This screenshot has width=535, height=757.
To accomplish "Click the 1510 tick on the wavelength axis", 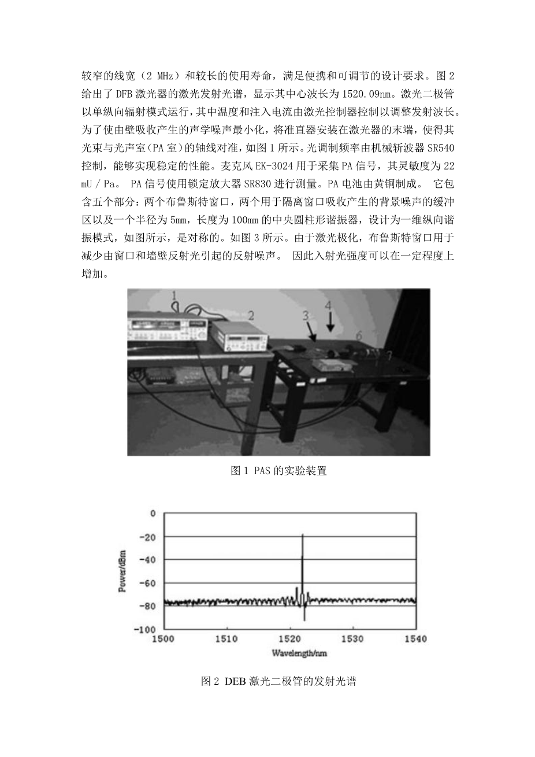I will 226,639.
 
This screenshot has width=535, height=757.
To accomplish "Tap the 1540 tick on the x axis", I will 416,639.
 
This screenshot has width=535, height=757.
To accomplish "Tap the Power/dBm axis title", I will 123,573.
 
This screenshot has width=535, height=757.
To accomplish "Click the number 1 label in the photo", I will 173,296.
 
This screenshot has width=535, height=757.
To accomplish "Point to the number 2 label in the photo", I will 251,315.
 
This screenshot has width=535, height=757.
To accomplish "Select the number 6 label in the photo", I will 358,335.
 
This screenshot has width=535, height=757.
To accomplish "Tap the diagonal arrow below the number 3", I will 311,332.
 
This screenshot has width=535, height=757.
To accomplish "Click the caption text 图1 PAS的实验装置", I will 278,471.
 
